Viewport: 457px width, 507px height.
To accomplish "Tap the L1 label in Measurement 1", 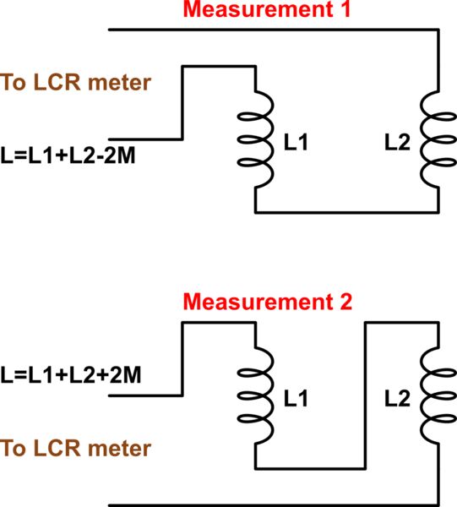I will tap(295, 144).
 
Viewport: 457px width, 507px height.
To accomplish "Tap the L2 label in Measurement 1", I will tap(397, 144).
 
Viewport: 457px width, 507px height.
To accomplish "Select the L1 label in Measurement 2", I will tap(295, 395).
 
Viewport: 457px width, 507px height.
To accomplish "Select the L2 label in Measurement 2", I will tap(396, 395).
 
